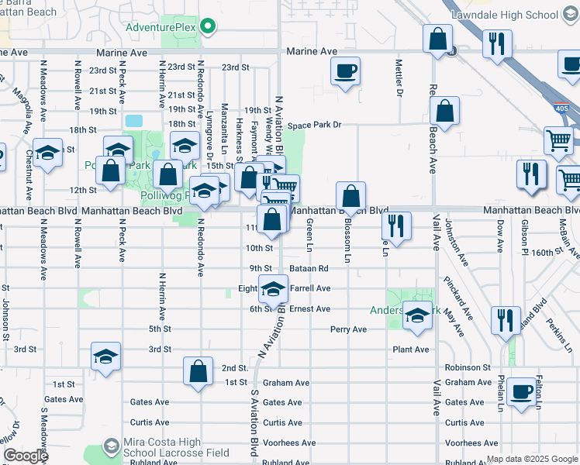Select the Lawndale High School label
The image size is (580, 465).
(518, 15)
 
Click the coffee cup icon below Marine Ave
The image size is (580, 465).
(344, 72)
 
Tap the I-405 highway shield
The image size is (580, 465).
(561, 108)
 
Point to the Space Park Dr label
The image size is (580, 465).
(315, 126)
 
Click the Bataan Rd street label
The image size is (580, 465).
(309, 268)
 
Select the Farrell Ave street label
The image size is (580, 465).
(309, 288)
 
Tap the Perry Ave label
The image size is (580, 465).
(348, 329)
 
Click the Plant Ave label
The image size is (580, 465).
(411, 350)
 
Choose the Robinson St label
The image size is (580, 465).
(468, 367)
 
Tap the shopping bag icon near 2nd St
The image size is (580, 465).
(199, 370)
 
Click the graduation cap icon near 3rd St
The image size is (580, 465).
(105, 356)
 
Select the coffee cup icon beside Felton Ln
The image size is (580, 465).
(521, 392)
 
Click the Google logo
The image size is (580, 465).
(26, 456)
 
